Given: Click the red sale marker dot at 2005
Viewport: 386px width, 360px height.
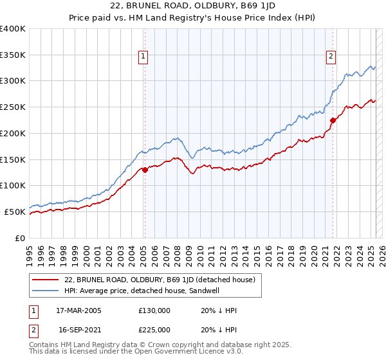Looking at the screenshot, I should click(145, 170).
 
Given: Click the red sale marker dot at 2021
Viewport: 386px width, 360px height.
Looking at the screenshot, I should click(333, 120).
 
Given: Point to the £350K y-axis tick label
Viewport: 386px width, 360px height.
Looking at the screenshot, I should click(13, 55).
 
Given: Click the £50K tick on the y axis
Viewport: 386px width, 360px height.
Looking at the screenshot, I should click(15, 212).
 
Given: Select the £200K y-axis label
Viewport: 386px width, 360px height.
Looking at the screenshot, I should click(13, 133).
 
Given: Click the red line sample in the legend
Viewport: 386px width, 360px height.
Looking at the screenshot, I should click(45, 280).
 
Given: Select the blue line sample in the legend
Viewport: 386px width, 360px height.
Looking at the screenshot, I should click(45, 290).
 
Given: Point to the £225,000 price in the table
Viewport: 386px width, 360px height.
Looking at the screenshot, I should click(154, 330).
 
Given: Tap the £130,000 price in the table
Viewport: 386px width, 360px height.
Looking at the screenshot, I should click(154, 310).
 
